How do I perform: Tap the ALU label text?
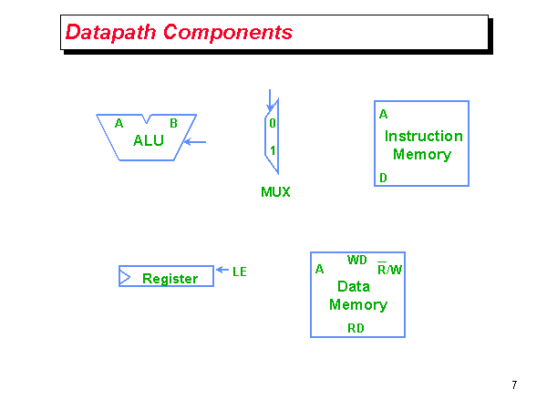[x=149, y=140]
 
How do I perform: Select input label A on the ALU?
[x=119, y=123]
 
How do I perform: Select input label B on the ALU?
[x=173, y=123]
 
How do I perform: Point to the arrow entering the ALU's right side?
[x=195, y=141]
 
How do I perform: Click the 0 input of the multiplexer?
[x=272, y=122]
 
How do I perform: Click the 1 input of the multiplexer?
[x=272, y=150]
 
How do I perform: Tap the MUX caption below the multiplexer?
[x=275, y=192]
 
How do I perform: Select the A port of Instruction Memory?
[x=384, y=115]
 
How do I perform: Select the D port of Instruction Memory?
[x=384, y=178]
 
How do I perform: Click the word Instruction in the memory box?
[x=423, y=137]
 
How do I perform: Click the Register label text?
[x=170, y=279]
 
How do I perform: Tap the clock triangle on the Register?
[x=125, y=276]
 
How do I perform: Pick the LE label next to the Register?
[x=240, y=272]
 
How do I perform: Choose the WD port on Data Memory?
[x=356, y=260]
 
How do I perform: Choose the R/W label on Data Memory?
[x=389, y=270]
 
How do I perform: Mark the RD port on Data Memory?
[x=356, y=328]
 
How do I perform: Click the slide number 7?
[x=514, y=385]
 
